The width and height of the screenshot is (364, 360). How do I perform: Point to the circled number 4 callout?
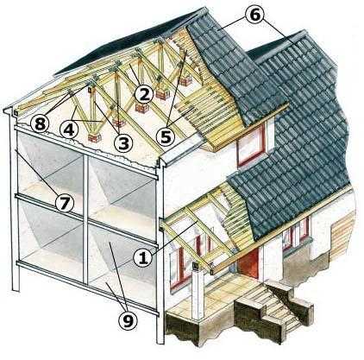pyautogui.click(x=69, y=130)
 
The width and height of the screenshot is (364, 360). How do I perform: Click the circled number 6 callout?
pyautogui.click(x=255, y=15)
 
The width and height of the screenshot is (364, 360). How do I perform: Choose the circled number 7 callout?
pyautogui.click(x=65, y=203)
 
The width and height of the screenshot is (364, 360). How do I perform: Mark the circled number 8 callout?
pyautogui.click(x=40, y=123)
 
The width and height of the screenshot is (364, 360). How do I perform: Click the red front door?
pyautogui.click(x=248, y=263)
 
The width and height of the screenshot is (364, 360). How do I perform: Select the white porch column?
pyautogui.click(x=198, y=291)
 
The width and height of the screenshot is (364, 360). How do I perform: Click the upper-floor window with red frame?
pyautogui.click(x=251, y=146)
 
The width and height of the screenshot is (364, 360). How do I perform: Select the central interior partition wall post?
pyautogui.click(x=85, y=218)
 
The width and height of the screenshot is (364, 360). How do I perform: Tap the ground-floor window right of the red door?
pyautogui.click(x=295, y=235)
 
